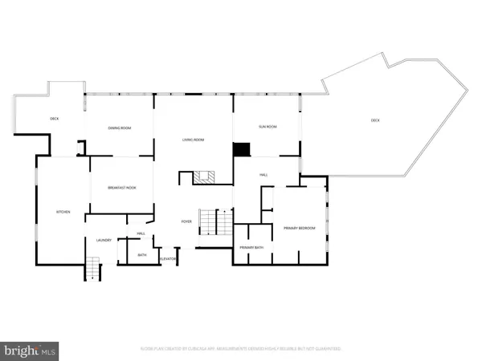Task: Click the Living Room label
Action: (194, 140)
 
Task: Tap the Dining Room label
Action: (120, 128)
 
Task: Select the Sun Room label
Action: (267, 127)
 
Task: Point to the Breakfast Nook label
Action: (120, 188)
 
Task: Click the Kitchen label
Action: (63, 212)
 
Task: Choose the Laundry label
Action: (103, 240)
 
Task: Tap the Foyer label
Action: (186, 222)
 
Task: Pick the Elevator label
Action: (168, 259)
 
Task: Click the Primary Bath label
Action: (251, 248)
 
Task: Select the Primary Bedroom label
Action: (299, 229)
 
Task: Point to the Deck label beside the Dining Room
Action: (55, 119)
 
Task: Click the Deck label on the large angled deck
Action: (375, 120)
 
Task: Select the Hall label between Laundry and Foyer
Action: (140, 234)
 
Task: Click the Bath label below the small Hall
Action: (141, 255)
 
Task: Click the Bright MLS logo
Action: (31, 349)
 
